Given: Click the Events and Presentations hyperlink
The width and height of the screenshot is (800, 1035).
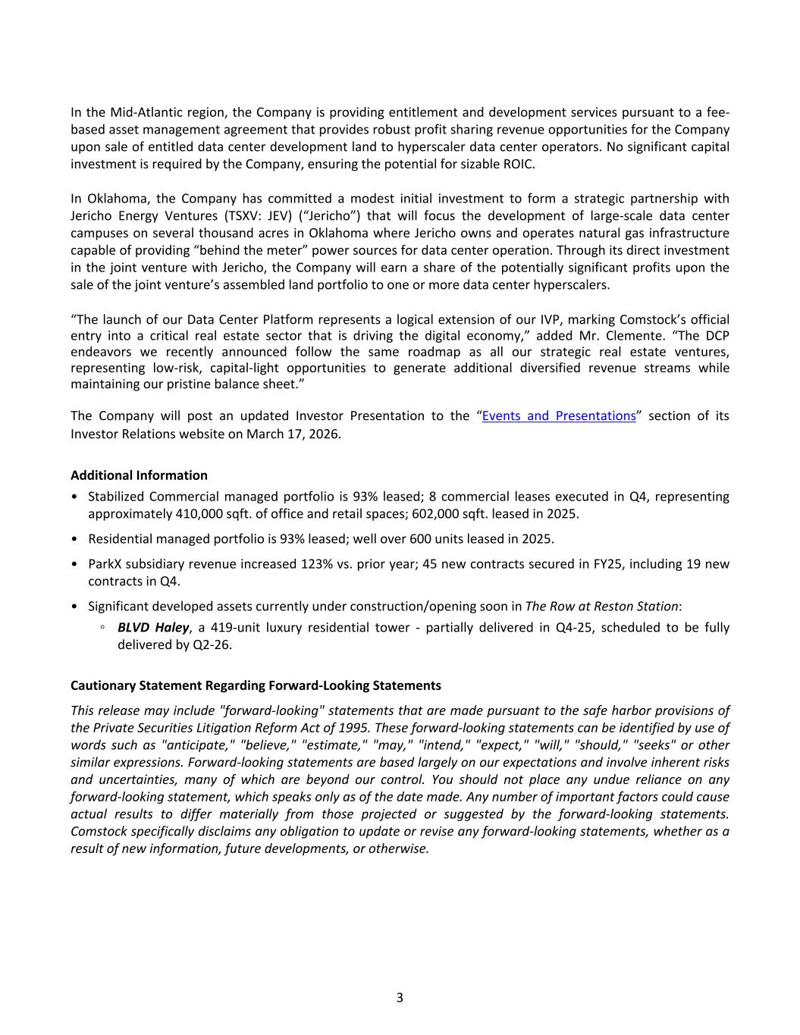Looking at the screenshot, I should pos(559,416).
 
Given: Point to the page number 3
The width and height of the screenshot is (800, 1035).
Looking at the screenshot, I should pos(400,997).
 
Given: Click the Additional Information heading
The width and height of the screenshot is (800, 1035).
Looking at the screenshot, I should pos(139,475).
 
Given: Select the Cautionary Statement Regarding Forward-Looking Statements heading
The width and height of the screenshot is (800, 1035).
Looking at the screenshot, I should pos(256,685).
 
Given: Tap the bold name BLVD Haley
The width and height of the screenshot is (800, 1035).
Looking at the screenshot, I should pos(153,627).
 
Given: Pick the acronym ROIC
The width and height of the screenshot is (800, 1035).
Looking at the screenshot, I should pos(519,164).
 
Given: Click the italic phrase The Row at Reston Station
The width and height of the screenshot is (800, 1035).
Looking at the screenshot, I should pos(601,606).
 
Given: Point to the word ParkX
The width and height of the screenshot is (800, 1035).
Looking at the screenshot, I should pos(105,564).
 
